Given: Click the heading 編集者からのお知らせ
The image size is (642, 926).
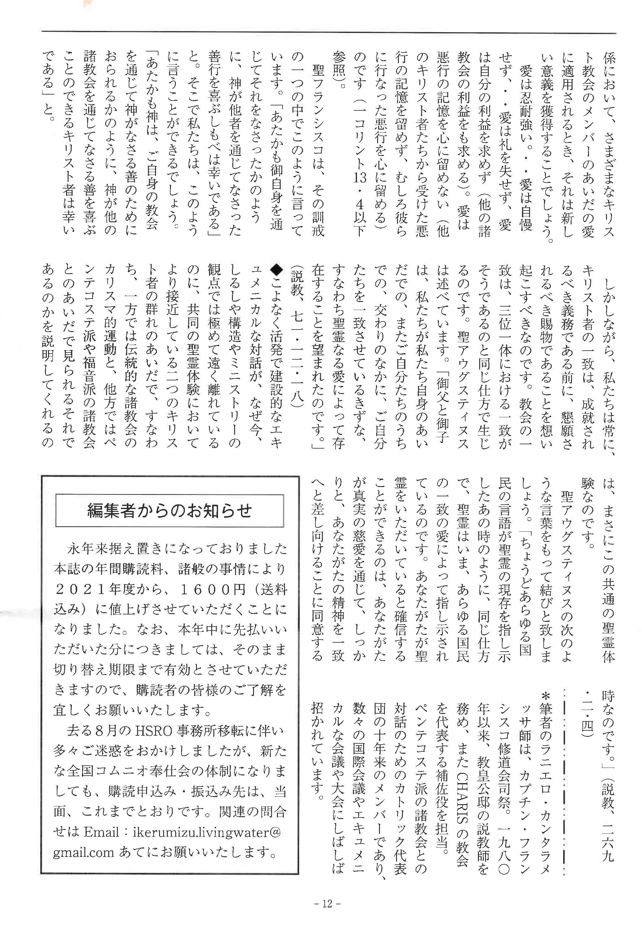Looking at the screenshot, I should coord(169,511).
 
